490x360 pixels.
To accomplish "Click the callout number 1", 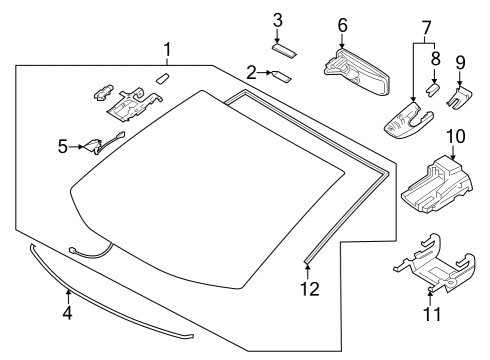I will (168, 48).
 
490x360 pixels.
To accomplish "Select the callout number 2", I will (252, 72).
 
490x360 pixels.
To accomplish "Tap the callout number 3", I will (279, 20).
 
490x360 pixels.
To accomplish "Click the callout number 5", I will (62, 146).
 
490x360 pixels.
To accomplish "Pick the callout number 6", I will (342, 24).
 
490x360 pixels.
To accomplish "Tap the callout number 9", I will (461, 62).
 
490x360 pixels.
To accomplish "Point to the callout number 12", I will (311, 289).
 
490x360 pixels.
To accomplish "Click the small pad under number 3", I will (283, 43).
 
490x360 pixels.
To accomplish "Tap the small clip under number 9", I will (461, 96).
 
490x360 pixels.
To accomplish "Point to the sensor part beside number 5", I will (95, 145).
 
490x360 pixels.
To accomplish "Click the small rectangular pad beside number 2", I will (281, 73).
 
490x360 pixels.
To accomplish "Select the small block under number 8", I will (433, 88).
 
